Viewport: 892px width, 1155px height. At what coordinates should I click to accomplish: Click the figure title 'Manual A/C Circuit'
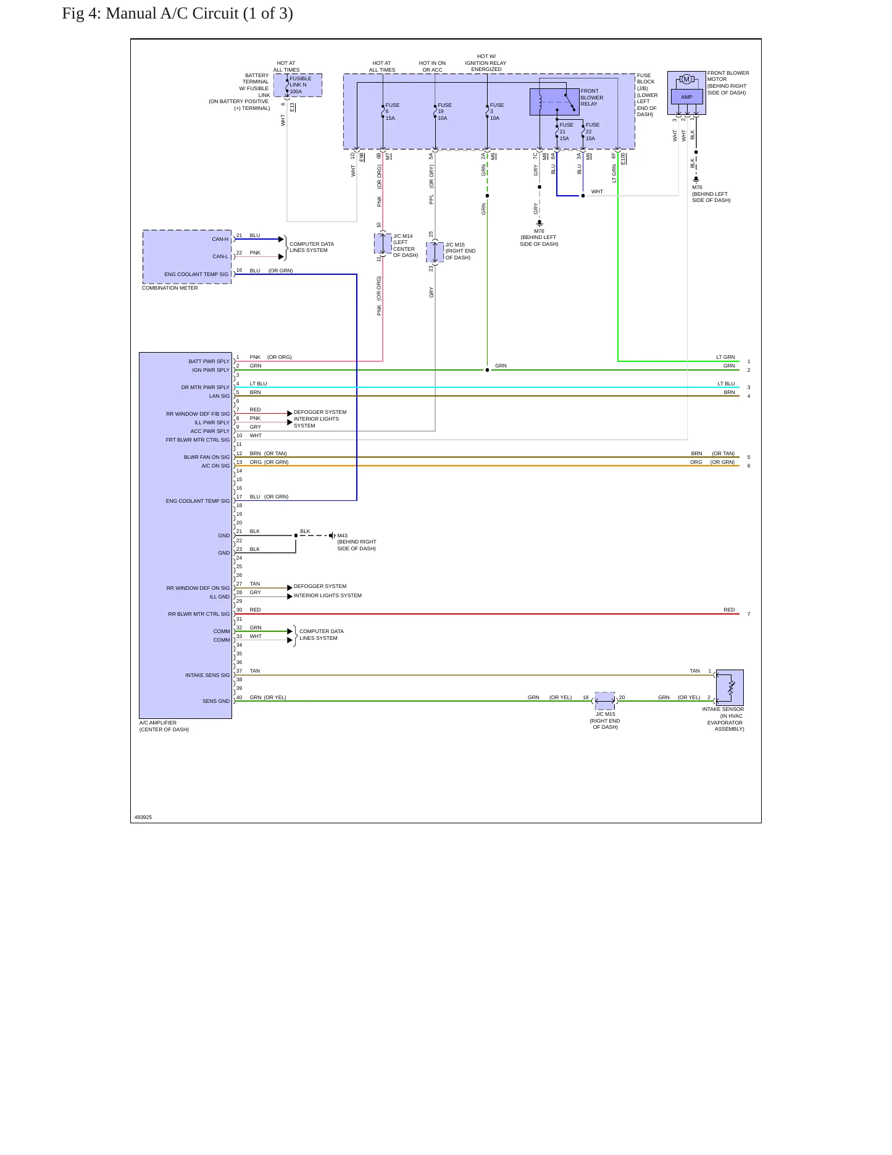pos(172,14)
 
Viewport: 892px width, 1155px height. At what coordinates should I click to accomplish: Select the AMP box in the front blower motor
pos(686,97)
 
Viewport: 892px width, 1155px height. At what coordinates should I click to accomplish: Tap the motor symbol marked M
pos(686,79)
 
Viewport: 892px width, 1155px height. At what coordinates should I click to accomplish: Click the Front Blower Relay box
pos(554,102)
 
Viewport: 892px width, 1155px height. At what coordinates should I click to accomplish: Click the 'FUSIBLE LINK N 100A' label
pos(300,85)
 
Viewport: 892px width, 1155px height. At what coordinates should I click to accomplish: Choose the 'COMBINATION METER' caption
pos(170,288)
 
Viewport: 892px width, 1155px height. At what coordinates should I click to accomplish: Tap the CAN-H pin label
pos(220,239)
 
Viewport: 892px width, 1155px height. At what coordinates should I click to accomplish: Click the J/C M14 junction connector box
pos(383,244)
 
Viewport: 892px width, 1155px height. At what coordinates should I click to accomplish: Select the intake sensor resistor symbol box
pos(730,687)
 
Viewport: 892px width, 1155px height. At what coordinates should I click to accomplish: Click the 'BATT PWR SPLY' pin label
pos(209,361)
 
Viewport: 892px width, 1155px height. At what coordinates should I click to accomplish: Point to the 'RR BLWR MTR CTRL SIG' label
pos(199,614)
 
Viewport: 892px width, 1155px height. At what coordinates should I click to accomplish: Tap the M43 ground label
pos(342,535)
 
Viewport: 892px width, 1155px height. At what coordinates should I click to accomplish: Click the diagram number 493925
pos(143,817)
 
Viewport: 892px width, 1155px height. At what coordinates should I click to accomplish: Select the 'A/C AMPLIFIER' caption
pos(158,723)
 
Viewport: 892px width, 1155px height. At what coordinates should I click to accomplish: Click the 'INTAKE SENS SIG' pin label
pos(207,675)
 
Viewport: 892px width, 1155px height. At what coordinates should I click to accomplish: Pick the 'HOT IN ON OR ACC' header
pos(432,67)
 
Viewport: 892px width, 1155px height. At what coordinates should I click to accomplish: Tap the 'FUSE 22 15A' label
pos(591,132)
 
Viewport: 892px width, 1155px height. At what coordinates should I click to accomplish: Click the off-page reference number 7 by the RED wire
pos(749,614)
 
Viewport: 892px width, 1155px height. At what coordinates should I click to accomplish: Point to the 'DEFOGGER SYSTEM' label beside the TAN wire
pos(320,586)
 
